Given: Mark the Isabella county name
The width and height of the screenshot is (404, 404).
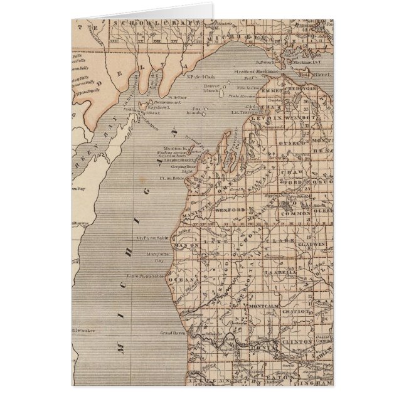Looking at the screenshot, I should pos(280,274).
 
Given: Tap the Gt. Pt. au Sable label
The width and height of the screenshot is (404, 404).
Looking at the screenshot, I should pos(154,238).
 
